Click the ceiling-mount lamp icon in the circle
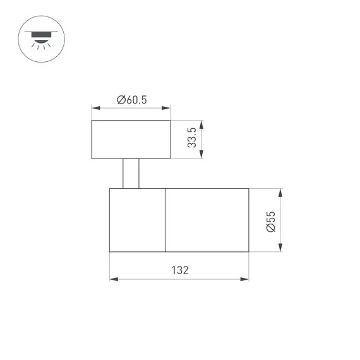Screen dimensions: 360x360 pyautogui.click(x=39, y=39)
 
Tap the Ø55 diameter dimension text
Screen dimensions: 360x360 pyautogui.click(x=270, y=220)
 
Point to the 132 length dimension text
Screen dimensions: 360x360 pyautogui.click(x=180, y=270)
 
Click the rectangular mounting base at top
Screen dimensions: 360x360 pyautogui.click(x=131, y=139)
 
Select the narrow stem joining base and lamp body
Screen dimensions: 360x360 pyautogui.click(x=131, y=173)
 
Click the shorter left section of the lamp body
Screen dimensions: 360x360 pyautogui.click(x=137, y=220)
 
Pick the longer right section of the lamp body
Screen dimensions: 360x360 pyautogui.click(x=207, y=220)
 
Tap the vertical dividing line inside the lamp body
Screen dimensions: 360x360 pyautogui.click(x=165, y=220)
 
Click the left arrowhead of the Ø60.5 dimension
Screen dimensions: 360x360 pyautogui.click(x=95, y=107)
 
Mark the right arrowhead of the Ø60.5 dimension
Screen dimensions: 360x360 pyautogui.click(x=167, y=107)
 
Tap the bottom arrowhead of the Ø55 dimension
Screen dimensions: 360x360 pyautogui.click(x=280, y=249)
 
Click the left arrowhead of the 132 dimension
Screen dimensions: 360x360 pyautogui.click(x=112, y=278)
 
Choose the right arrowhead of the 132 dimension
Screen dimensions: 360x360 pyautogui.click(x=246, y=278)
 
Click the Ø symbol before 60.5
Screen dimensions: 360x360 pyautogui.click(x=119, y=99)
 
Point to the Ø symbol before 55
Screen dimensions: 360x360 pyautogui.click(x=270, y=230)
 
